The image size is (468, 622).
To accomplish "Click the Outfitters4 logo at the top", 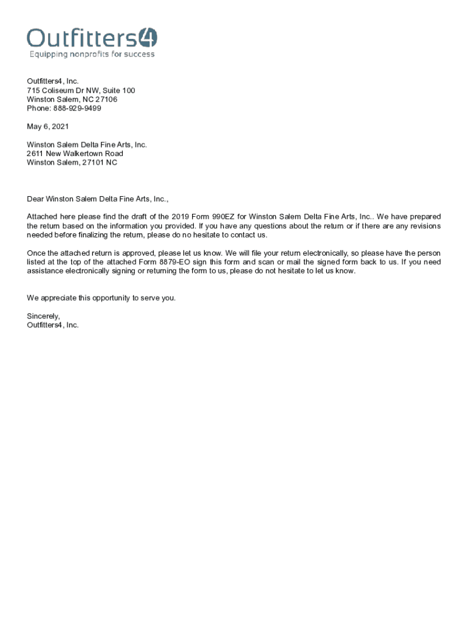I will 92,38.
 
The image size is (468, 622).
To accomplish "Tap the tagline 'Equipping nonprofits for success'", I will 92,54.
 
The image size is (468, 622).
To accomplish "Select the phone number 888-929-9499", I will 77,108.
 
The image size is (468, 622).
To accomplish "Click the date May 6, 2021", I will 47,126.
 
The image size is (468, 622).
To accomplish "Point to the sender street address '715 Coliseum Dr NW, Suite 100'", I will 81,91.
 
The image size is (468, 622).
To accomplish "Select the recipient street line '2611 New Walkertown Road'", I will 75,154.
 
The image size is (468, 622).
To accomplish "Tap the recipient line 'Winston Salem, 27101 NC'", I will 72,163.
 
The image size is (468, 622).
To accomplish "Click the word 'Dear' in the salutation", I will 35,199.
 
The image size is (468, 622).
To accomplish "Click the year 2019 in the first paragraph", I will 181,217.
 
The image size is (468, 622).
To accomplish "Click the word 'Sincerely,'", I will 43,316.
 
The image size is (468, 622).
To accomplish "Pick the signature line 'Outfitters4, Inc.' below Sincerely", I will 53,325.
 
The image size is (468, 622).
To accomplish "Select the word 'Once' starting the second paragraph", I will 36,253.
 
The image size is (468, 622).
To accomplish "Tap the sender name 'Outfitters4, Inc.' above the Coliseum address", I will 53,81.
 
